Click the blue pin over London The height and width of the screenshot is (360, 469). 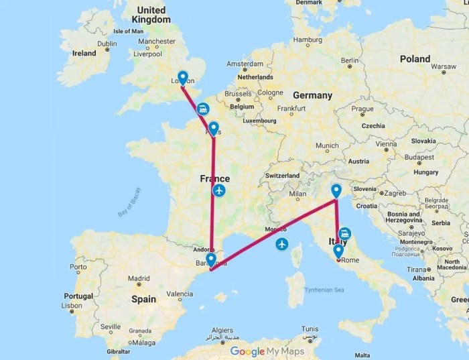coord(182,78)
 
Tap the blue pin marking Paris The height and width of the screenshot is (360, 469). coord(213,128)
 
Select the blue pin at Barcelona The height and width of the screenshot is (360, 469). coord(211,259)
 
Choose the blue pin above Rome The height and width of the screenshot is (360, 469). coord(338,251)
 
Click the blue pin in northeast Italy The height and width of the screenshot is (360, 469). coord(336,191)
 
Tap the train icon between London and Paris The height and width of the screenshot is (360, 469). coord(202,108)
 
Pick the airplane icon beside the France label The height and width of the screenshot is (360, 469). coord(219,191)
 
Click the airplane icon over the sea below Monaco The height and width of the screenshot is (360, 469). coord(282,243)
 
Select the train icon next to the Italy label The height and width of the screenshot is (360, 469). coord(344,233)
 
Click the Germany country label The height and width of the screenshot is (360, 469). coord(312,95)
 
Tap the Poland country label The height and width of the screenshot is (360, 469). coord(415,59)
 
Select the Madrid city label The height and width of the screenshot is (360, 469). coord(139,278)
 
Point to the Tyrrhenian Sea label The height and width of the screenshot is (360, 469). coord(324,290)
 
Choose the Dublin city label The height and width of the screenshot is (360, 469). coord(107,44)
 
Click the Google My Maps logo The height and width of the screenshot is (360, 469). coord(267,351)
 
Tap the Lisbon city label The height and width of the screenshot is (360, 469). coord(70,305)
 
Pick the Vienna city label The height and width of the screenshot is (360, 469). coord(387,144)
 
